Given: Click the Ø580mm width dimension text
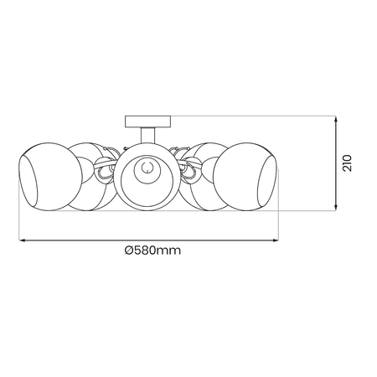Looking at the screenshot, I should click(152, 250).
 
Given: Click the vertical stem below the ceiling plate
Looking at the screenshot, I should click(147, 134).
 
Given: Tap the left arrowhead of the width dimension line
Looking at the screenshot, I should click(23, 240).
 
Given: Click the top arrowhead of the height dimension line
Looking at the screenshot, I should click(335, 119).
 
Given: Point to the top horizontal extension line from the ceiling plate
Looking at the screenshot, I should click(251, 116).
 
